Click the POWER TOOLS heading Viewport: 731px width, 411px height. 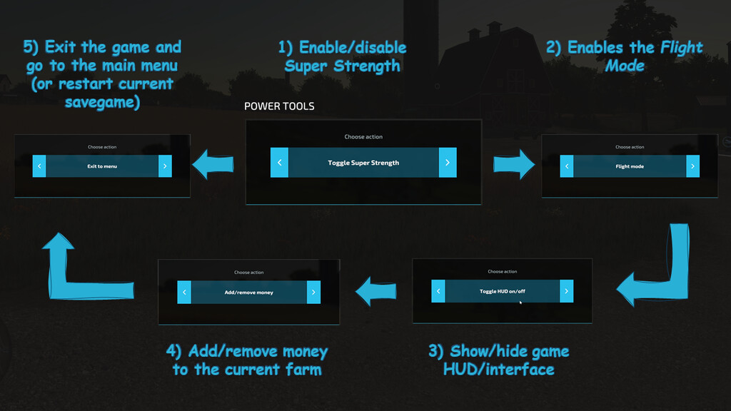(x=279, y=106)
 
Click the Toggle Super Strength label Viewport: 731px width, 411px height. (x=363, y=163)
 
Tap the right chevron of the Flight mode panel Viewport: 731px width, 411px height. (x=692, y=166)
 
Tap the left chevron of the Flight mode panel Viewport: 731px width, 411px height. (x=567, y=166)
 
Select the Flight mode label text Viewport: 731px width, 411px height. (x=629, y=166)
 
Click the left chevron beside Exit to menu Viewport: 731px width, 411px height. (x=39, y=166)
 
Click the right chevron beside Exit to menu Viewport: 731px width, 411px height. (x=165, y=166)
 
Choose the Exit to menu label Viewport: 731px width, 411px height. (x=102, y=166)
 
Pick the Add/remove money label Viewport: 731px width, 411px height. (x=248, y=293)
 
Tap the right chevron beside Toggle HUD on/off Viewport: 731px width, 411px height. (x=566, y=291)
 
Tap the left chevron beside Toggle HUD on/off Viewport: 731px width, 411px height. (x=438, y=291)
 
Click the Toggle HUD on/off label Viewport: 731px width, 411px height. (x=502, y=291)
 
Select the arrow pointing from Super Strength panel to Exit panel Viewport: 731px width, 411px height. (x=213, y=163)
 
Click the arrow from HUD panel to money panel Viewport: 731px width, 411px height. (x=376, y=290)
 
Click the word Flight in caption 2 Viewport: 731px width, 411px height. (x=681, y=48)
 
